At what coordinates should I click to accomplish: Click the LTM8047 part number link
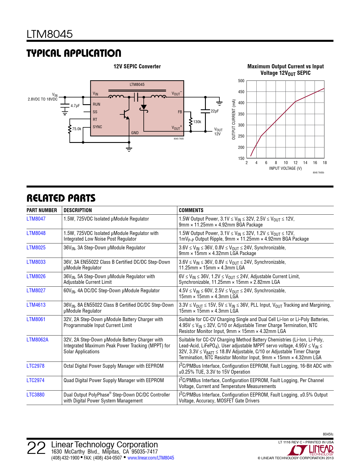36,219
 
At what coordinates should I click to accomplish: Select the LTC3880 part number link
35,395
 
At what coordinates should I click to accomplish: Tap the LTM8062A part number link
37,340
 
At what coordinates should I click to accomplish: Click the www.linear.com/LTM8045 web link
151,458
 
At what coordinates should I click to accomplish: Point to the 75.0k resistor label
77,129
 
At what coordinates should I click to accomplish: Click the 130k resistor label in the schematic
197,122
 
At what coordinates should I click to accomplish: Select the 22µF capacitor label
215,111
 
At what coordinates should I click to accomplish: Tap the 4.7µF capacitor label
75,106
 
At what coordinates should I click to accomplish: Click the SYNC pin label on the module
97,127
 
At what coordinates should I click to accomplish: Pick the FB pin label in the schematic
180,112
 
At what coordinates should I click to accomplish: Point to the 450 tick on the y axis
241,92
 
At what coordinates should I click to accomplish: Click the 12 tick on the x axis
295,163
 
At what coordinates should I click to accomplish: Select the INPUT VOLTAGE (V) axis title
285,168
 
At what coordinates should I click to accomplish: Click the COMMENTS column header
191,210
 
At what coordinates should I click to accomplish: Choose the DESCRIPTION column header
78,210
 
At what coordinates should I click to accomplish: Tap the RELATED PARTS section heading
61,198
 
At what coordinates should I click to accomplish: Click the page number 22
36,448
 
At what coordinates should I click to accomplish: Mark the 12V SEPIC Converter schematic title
137,67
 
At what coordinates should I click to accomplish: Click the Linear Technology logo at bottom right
312,450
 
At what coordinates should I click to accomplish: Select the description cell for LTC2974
114,380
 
